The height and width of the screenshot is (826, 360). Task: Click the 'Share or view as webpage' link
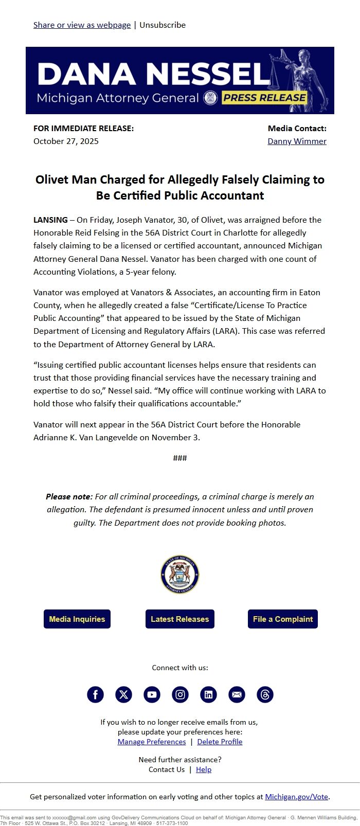pos(82,25)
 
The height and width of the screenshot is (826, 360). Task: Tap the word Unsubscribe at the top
pos(163,25)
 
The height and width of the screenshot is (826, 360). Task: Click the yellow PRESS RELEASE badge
pos(264,98)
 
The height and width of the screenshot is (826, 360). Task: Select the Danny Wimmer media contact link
pos(297,141)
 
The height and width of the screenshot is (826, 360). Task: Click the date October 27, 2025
pos(66,141)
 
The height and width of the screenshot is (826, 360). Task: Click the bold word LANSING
pos(50,220)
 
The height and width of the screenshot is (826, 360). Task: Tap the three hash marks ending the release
pos(180,458)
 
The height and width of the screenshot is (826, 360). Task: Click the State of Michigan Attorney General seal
pos(180,574)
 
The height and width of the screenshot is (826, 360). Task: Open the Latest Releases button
pos(180,619)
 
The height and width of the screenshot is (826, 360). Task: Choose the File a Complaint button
pos(283,619)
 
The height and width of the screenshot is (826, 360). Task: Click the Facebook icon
pos(95,695)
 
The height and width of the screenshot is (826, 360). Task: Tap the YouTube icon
pos(152,695)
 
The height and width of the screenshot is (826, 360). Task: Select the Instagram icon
pos(180,695)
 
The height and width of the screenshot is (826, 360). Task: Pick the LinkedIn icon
pos(208,695)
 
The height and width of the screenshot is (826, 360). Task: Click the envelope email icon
pos(237,695)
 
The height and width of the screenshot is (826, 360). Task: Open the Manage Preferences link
pos(152,742)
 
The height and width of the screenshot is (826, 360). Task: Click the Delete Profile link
pos(220,742)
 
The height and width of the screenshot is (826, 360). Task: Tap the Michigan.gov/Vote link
pos(296,797)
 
